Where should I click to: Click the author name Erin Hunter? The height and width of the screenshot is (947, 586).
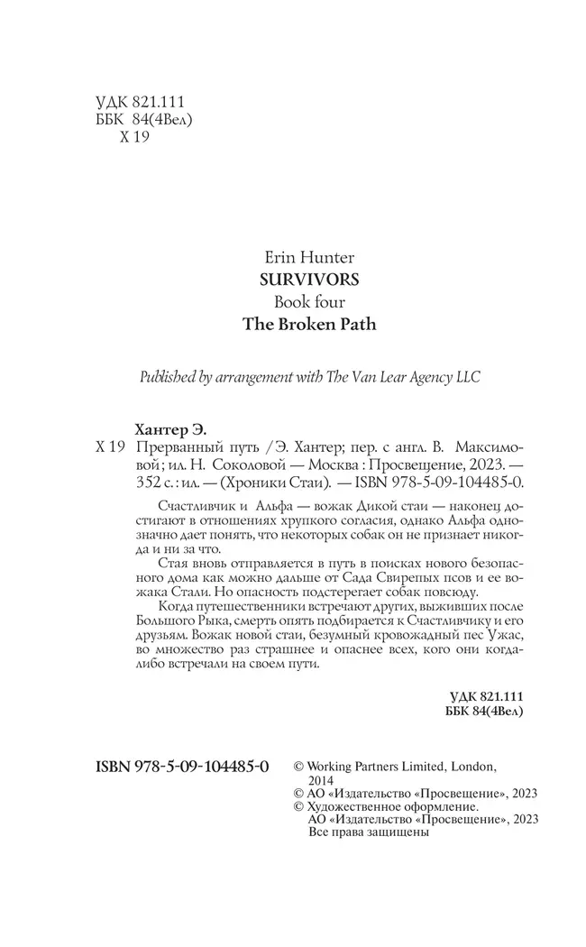pos(308,258)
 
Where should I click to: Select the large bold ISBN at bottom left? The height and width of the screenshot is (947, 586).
pos(182,767)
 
